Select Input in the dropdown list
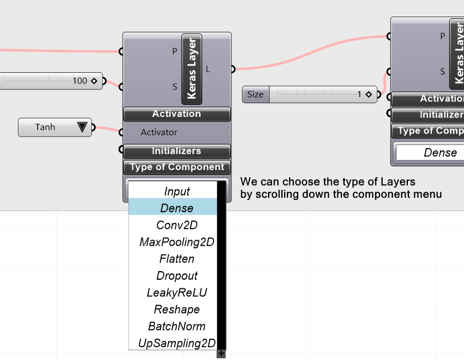coord(176,191)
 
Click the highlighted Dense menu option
coord(176,208)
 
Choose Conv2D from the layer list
coord(176,225)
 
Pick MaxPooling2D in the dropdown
coord(176,242)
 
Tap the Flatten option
coord(176,259)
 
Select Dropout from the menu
coord(176,276)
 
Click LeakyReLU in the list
coord(176,292)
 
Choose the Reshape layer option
coord(176,310)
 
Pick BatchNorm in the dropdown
coord(176,326)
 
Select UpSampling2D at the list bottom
coord(176,343)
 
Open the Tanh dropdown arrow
coord(83,127)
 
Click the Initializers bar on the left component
coord(176,151)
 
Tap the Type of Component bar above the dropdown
coord(176,167)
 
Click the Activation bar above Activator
coord(176,114)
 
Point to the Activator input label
coord(159,132)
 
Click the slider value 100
coord(80,81)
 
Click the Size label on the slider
coord(255,94)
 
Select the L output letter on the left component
coord(207,69)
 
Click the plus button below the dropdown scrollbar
coord(221,354)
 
